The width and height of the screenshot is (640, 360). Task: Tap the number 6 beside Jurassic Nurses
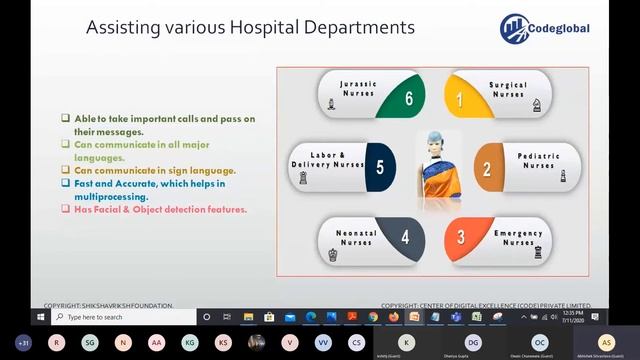click(x=409, y=99)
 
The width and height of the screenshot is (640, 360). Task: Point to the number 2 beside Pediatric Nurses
click(x=487, y=168)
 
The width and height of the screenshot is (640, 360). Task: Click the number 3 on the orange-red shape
click(x=461, y=237)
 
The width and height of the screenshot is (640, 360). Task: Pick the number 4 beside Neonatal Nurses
click(x=405, y=237)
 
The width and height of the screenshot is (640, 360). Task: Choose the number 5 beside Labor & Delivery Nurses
click(x=379, y=167)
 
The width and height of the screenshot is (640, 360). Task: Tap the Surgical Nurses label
click(x=508, y=91)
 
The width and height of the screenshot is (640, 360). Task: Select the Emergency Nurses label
click(x=518, y=237)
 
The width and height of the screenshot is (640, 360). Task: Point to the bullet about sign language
click(x=154, y=171)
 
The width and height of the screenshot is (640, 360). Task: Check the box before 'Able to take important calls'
click(x=65, y=118)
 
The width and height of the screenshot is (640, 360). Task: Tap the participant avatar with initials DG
click(x=473, y=342)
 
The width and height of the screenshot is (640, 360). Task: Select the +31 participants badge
click(x=24, y=342)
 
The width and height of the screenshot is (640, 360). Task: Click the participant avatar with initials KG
click(x=188, y=342)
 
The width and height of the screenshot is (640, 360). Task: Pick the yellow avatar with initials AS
click(x=606, y=342)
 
